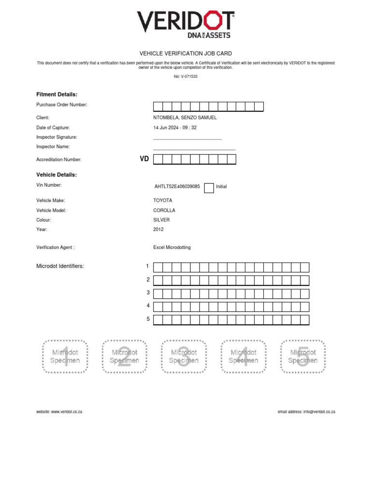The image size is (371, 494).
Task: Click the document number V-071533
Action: point(185,76)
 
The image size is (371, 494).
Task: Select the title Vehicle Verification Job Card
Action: point(185,54)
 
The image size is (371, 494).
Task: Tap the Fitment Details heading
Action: point(57,94)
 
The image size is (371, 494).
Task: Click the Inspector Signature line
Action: point(187,139)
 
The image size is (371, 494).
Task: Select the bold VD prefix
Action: point(144,159)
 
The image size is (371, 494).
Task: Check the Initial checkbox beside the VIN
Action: point(209,188)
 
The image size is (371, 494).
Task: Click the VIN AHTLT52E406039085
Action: point(177,186)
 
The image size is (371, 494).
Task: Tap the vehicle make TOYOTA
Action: point(162,200)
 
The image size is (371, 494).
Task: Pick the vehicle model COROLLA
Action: point(164,210)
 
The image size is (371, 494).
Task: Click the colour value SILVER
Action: point(161,220)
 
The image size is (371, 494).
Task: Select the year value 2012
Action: point(158,230)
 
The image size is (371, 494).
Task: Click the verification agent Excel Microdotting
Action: point(172,247)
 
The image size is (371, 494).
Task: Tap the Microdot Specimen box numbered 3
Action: point(184,357)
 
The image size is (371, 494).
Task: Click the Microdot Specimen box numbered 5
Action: point(303,357)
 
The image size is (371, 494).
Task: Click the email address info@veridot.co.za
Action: point(319,412)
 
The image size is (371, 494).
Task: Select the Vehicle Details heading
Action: point(57,175)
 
